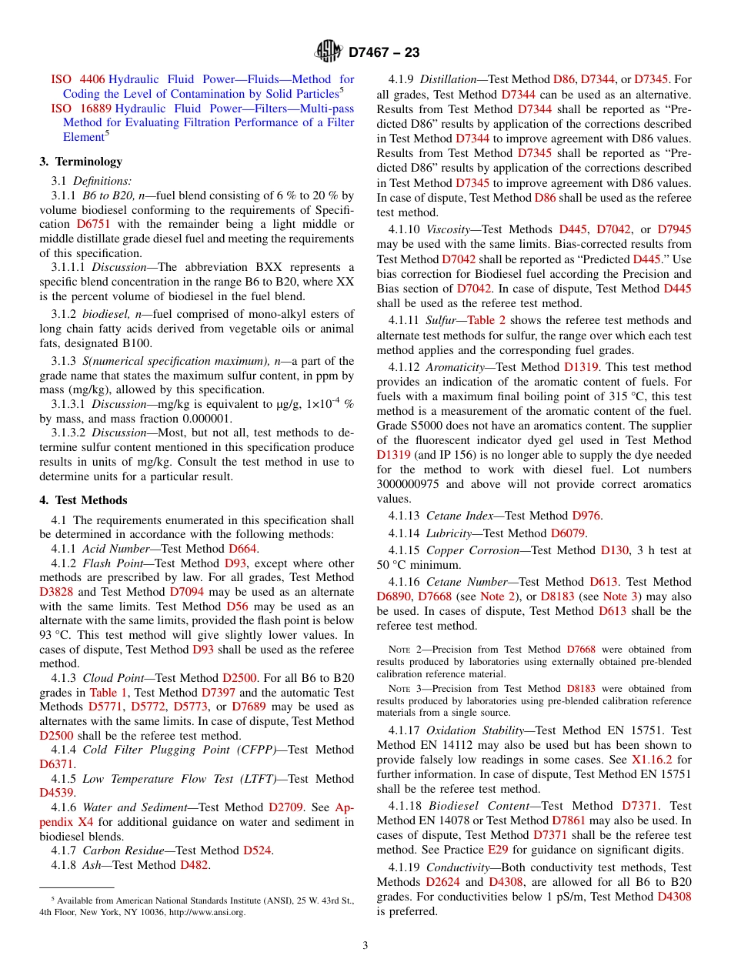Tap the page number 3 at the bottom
coord(365,946)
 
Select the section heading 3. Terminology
coord(81,162)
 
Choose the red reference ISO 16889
coord(81,109)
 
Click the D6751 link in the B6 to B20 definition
coord(92,224)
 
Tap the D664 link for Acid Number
coord(243,549)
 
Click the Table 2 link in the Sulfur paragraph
coord(486,320)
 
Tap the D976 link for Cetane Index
coord(586,516)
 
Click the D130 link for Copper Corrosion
coord(599,550)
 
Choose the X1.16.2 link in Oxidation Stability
coord(653,759)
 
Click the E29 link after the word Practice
coord(497,850)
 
